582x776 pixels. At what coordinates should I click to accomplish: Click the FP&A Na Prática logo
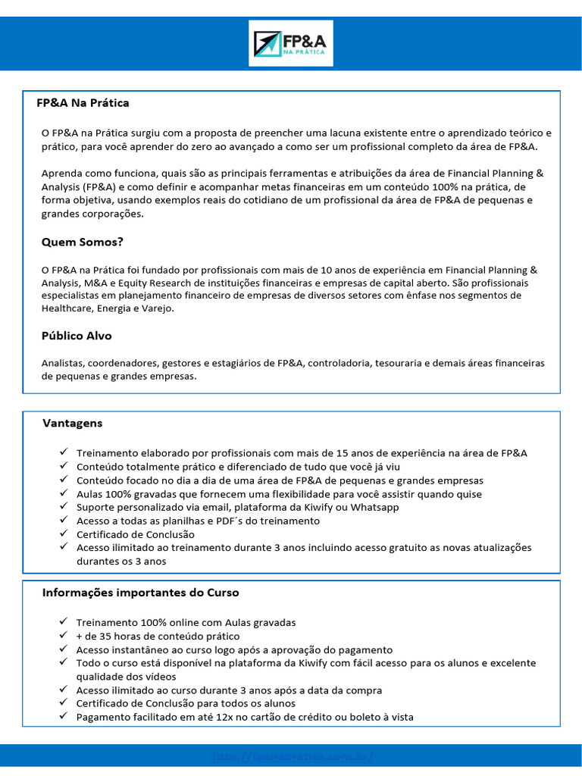[x=291, y=43]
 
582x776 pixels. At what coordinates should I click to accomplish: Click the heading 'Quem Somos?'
[x=82, y=242]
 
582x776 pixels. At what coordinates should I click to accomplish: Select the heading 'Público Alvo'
[x=77, y=336]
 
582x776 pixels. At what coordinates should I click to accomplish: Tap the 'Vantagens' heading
[x=73, y=423]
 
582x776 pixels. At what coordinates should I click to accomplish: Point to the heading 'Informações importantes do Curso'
[x=141, y=592]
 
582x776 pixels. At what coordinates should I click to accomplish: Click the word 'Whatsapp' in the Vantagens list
[x=374, y=508]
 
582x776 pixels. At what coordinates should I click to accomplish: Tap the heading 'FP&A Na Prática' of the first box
[x=83, y=102]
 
